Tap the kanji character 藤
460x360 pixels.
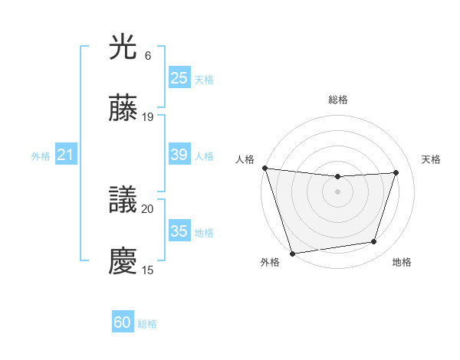point(123,110)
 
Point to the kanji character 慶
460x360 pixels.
point(123,261)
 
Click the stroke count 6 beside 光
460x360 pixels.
point(147,56)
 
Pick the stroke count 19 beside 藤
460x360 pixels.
point(148,117)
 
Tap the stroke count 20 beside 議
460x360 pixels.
point(148,208)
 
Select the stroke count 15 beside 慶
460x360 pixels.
point(148,269)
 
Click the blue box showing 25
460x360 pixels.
point(179,78)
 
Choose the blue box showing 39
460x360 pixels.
point(179,155)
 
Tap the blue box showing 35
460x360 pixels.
point(179,231)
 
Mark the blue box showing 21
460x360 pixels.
point(65,155)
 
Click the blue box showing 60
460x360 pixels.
point(123,322)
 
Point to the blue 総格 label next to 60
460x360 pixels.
point(147,324)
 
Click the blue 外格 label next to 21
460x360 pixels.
point(41,156)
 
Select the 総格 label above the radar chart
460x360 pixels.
point(337,100)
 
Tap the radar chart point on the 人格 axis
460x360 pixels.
point(264,168)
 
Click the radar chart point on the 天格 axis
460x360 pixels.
point(396,173)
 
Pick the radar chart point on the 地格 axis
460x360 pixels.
point(374,242)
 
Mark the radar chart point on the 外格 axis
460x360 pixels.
point(292,253)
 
